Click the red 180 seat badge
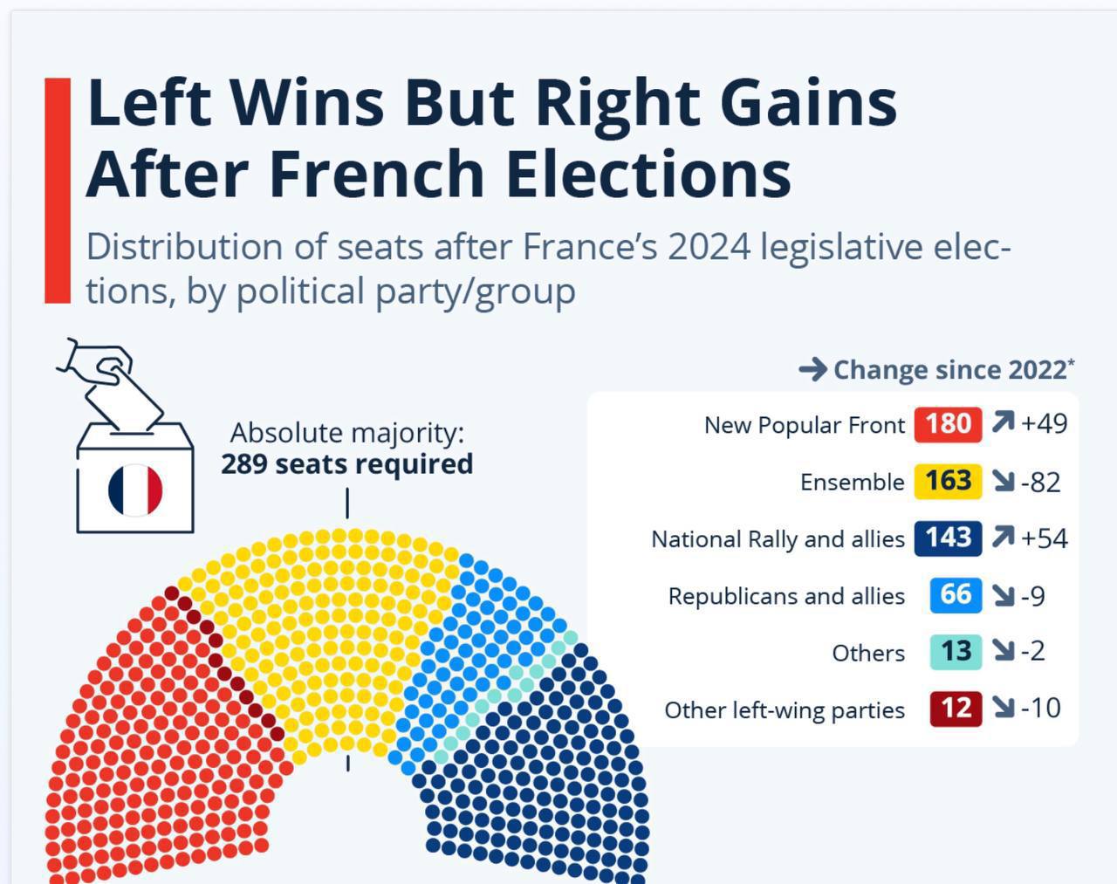[948, 424]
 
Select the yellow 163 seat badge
[948, 481]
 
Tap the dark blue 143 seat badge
[948, 538]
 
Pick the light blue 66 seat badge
[956, 594]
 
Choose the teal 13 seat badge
[956, 651]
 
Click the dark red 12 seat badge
[956, 708]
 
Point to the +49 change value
[1044, 424]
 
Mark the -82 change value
[1040, 482]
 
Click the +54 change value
[1044, 538]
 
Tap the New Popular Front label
[804, 426]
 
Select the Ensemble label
[852, 483]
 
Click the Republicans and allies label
[785, 596]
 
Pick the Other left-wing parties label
[784, 710]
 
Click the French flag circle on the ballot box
[135, 490]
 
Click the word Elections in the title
[648, 173]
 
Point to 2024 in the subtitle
[709, 247]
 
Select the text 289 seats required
[346, 464]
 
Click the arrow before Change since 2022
[812, 370]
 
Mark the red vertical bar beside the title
[58, 190]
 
